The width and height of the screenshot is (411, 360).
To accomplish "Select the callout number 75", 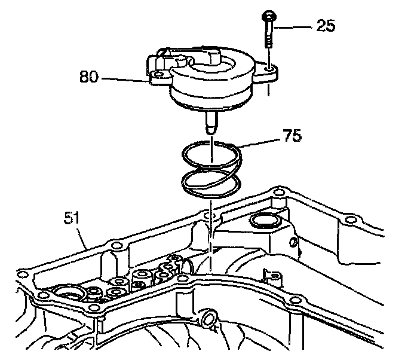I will (x=292, y=136).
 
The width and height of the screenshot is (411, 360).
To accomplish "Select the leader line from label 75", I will (x=260, y=142).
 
